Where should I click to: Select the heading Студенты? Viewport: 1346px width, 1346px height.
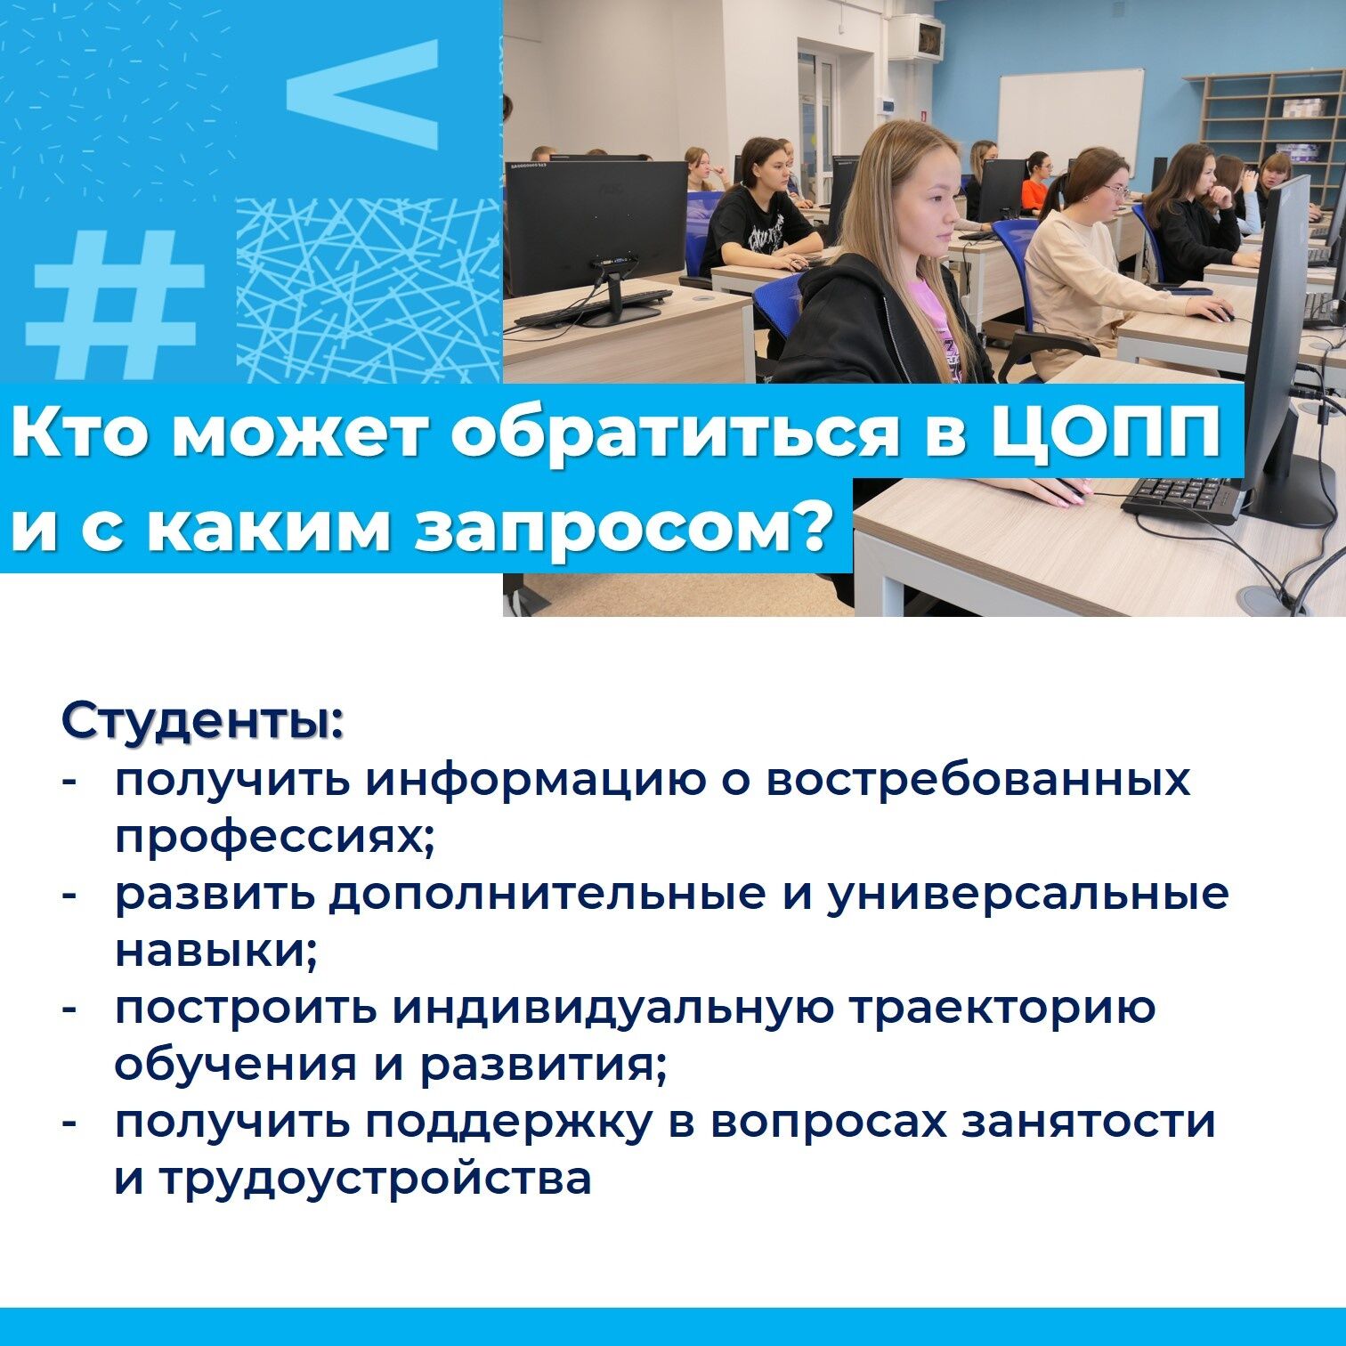[202, 721]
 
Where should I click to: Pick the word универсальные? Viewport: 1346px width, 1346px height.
[1026, 894]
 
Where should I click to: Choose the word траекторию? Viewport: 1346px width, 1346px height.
[1001, 1009]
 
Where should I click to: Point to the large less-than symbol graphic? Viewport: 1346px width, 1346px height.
[362, 93]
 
